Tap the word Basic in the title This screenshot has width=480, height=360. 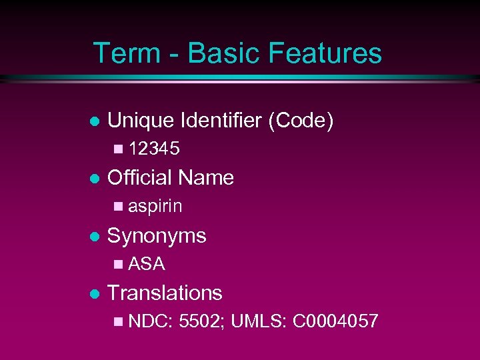[211, 53]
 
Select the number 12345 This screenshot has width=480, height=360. [153, 149]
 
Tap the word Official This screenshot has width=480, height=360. [140, 177]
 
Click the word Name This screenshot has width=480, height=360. [206, 177]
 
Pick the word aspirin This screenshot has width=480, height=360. [155, 207]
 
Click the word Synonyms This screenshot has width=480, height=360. [157, 235]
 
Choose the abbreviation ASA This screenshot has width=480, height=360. [146, 264]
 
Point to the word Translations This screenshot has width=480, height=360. [165, 293]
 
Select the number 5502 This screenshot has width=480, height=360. [203, 321]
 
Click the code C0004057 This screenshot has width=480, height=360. [335, 321]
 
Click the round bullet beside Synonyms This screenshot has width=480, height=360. [94, 236]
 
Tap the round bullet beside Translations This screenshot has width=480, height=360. [94, 293]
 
